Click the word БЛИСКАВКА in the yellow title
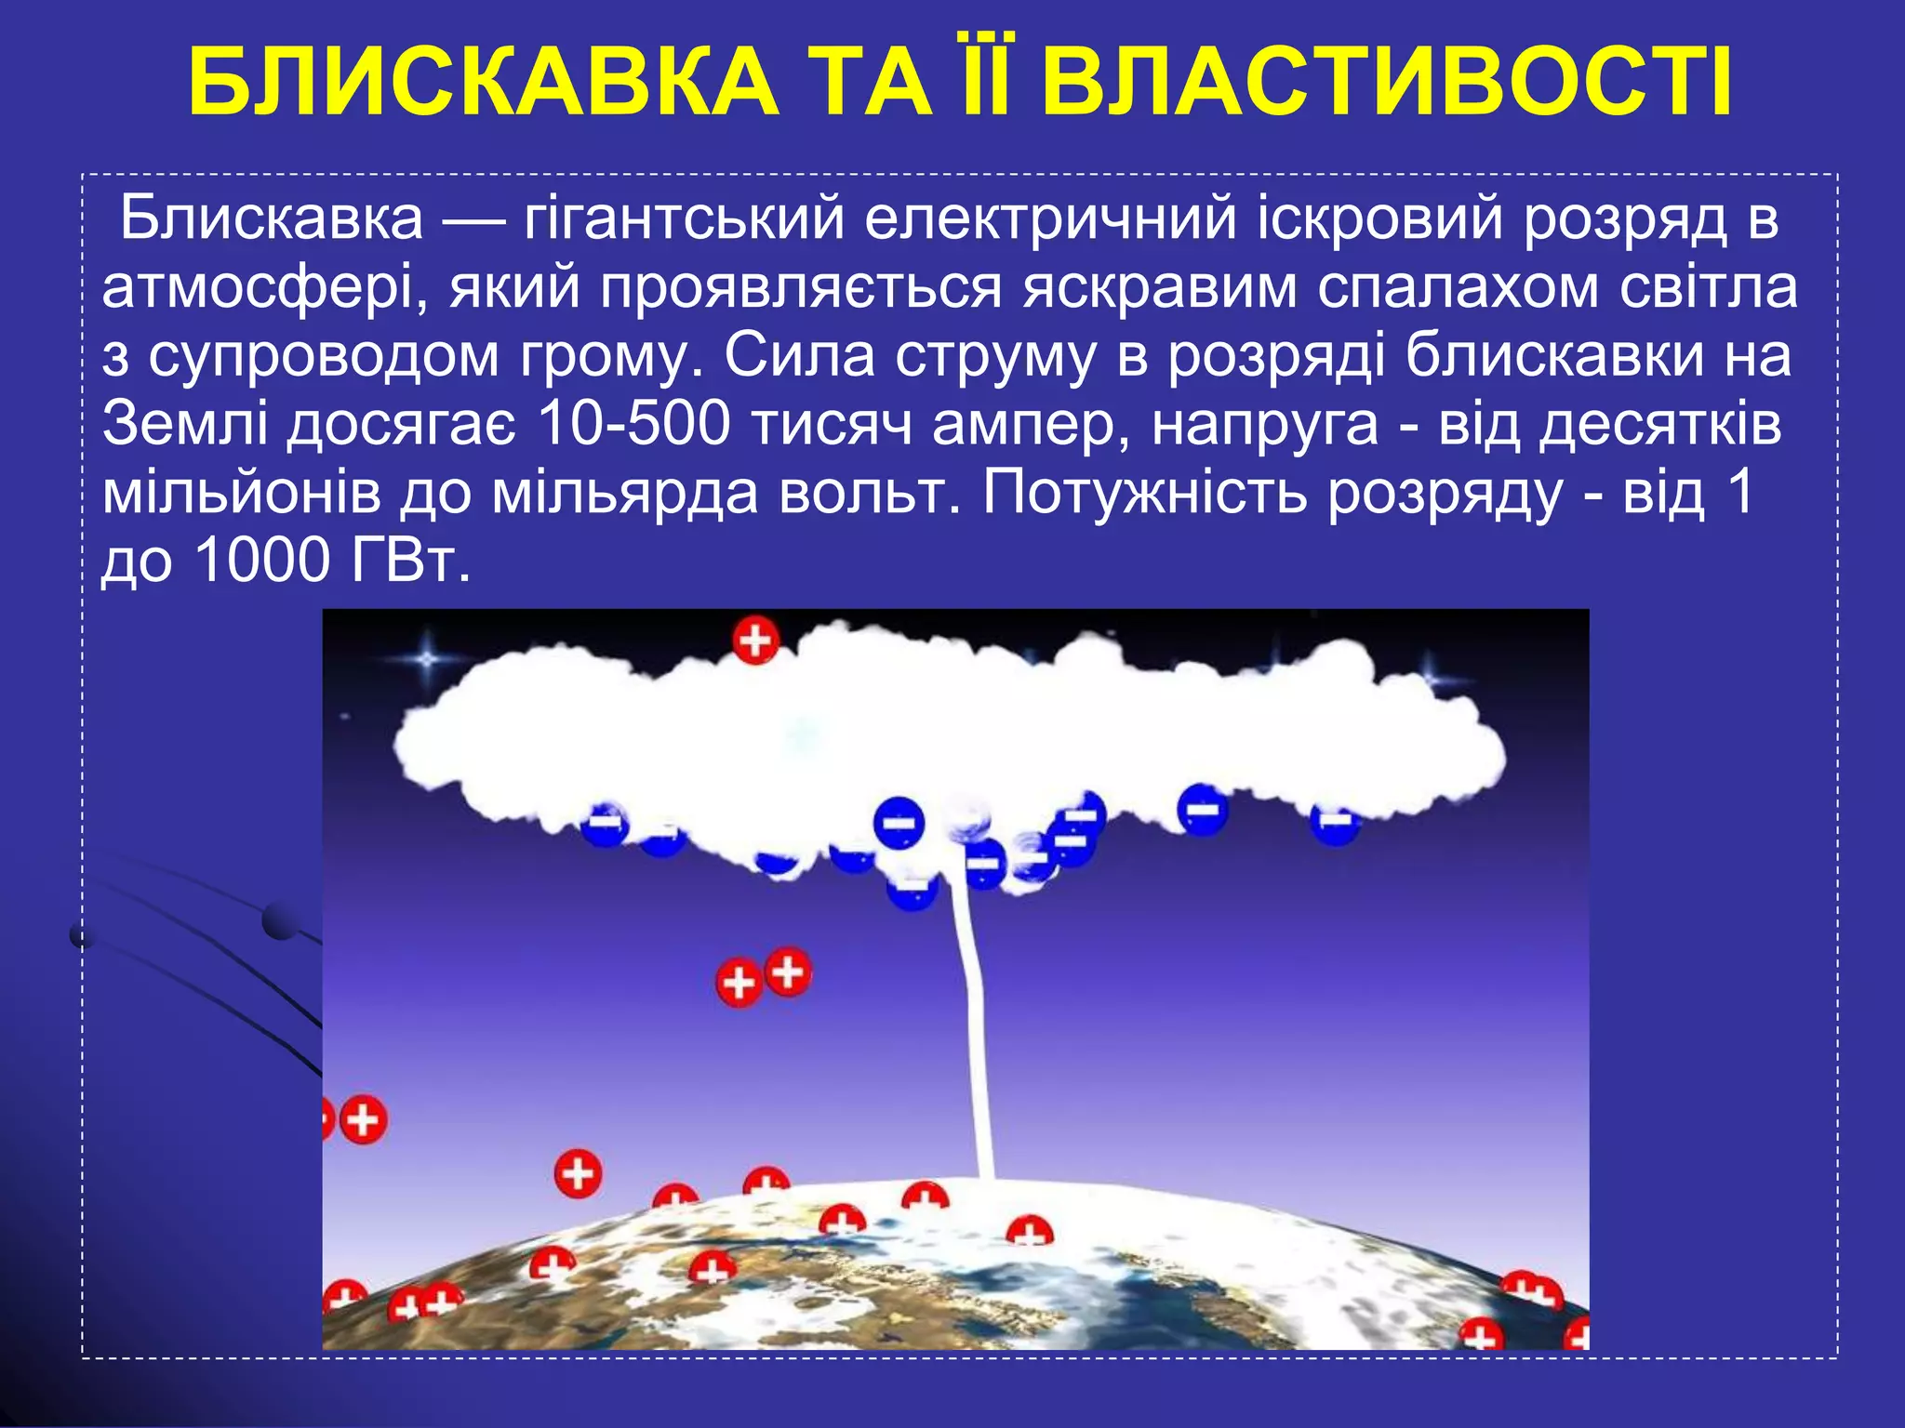coord(484,82)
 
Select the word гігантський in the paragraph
coord(685,220)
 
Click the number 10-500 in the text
coord(633,425)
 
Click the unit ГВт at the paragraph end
coord(408,561)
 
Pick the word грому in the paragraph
coord(608,357)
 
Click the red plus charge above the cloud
coord(755,641)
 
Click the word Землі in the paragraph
coord(185,425)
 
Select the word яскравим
coord(1159,289)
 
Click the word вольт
coord(869,493)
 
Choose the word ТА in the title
coord(871,82)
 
